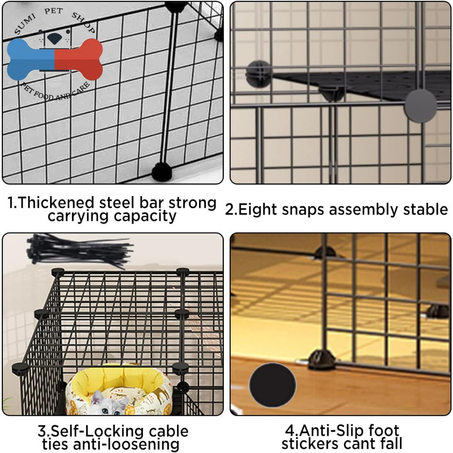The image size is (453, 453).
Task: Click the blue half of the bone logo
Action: tap(31, 60)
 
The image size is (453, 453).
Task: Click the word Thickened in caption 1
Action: tap(56, 202)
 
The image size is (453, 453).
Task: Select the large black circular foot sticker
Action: tap(273, 385)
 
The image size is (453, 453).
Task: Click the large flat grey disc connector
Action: tap(420, 105)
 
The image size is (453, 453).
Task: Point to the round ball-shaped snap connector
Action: tap(259, 74)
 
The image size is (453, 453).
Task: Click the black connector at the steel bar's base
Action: tap(162, 172)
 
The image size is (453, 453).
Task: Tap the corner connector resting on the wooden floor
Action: tap(322, 360)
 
